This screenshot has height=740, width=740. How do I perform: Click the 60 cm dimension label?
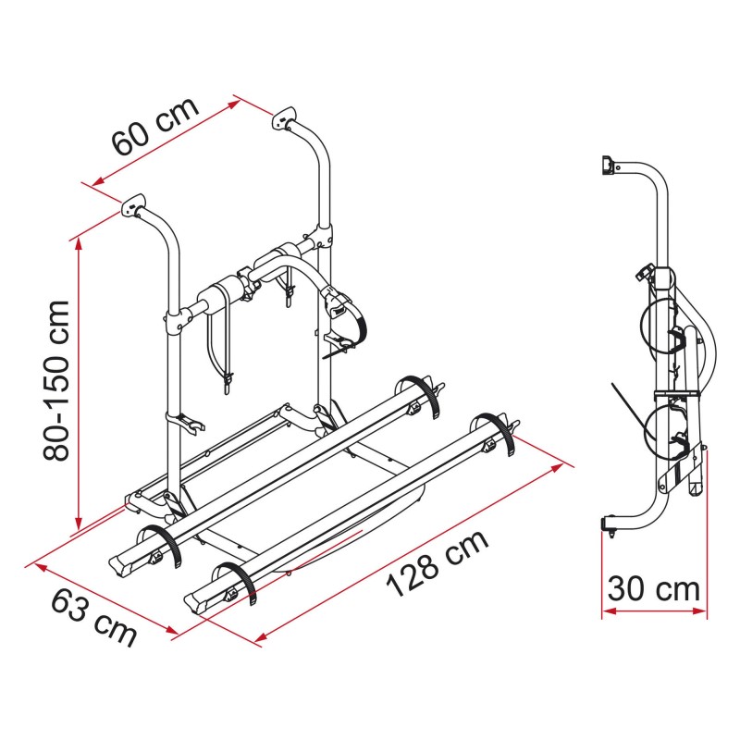tap(155, 130)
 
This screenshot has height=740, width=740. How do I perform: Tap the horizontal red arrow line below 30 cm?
tap(654, 610)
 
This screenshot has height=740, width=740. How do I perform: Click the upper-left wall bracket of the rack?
tap(133, 203)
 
